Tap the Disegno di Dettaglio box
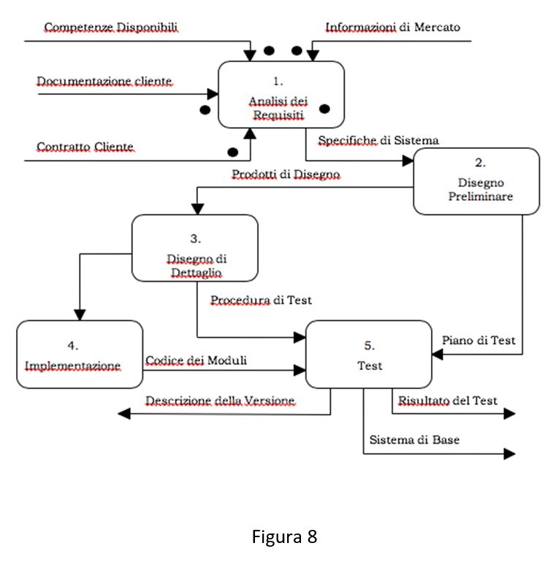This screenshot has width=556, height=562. click(x=194, y=248)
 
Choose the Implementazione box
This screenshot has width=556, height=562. click(x=80, y=353)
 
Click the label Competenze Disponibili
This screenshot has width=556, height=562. click(x=111, y=28)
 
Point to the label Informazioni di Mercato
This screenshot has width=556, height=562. click(x=392, y=28)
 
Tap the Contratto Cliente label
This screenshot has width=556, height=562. click(x=85, y=147)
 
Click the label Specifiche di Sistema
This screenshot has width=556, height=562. click(x=378, y=140)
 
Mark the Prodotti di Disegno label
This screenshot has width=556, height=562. click(x=286, y=174)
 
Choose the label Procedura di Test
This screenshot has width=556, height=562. click(x=261, y=300)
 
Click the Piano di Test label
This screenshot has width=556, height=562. click(x=479, y=340)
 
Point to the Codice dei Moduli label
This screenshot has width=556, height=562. click(x=196, y=361)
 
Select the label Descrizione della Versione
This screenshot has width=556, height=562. click(x=220, y=401)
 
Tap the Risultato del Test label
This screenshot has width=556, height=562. click(x=447, y=401)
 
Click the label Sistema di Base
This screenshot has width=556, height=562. click(x=414, y=440)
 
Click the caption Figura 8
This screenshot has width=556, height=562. click(x=285, y=538)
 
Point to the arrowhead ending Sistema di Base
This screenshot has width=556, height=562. click(x=509, y=453)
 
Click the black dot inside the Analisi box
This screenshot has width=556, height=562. click(x=324, y=109)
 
